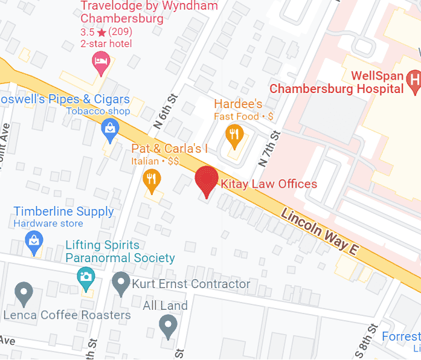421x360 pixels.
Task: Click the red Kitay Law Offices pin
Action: click(x=207, y=180)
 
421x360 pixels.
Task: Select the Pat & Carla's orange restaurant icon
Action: click(x=152, y=179)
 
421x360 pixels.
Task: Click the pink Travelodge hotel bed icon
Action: click(x=100, y=60)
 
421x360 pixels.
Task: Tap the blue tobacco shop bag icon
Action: click(x=109, y=129)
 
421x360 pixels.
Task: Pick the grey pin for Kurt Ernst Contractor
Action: click(x=121, y=283)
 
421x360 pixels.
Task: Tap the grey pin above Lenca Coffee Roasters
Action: click(x=24, y=294)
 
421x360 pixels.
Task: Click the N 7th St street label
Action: click(x=268, y=149)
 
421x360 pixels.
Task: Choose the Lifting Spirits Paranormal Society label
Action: click(x=120, y=252)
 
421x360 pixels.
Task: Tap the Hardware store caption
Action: click(x=49, y=223)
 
